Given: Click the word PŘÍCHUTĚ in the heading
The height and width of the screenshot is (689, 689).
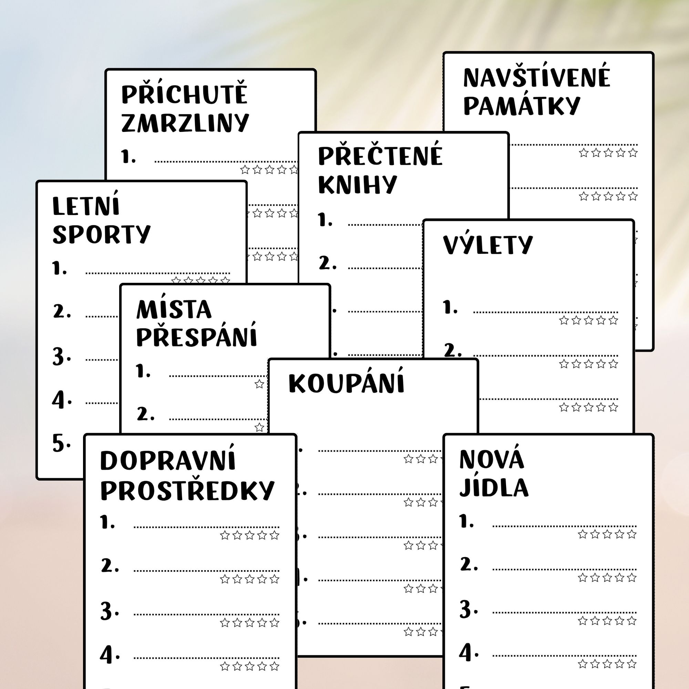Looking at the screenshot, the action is [184, 93].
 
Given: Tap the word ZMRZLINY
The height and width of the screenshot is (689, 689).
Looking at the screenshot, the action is [185, 123].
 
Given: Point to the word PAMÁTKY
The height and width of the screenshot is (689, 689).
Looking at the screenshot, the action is [521, 105].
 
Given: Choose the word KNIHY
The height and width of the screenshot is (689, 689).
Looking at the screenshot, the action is [357, 184].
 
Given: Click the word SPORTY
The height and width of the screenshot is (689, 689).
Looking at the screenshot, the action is [102, 234].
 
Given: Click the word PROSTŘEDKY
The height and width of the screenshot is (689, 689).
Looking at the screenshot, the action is [187, 491].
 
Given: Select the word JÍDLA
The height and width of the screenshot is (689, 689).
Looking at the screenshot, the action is [494, 487].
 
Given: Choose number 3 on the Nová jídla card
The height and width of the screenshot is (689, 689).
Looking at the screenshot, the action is [468, 609].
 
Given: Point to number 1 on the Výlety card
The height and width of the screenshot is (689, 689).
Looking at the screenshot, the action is [450, 307].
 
